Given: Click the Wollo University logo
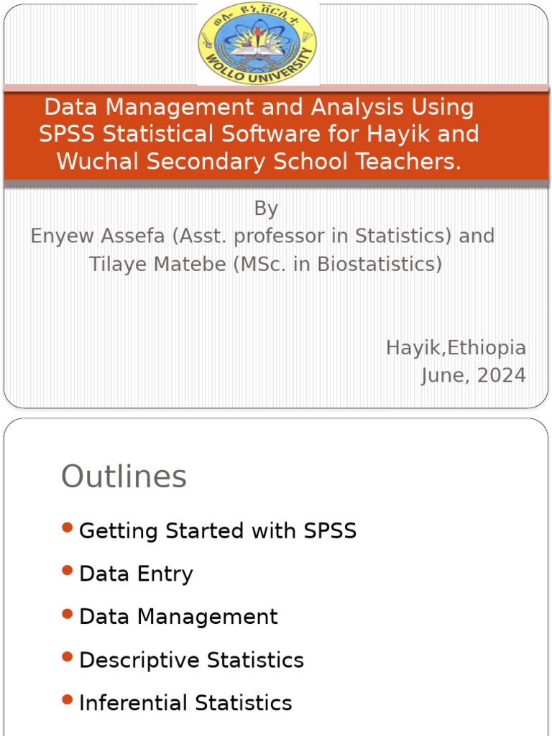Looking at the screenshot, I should coord(258,43).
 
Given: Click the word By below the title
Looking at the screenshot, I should coord(266,208).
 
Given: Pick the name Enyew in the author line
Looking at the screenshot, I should coord(63,236).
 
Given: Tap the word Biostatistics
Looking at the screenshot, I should coord(379,264).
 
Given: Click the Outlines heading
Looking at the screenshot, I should coord(124,477).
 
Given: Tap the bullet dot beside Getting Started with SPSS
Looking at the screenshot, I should coord(68,528).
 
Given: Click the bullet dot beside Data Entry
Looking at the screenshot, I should coord(68,571).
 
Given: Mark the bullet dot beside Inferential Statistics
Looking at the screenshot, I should coord(68,699).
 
